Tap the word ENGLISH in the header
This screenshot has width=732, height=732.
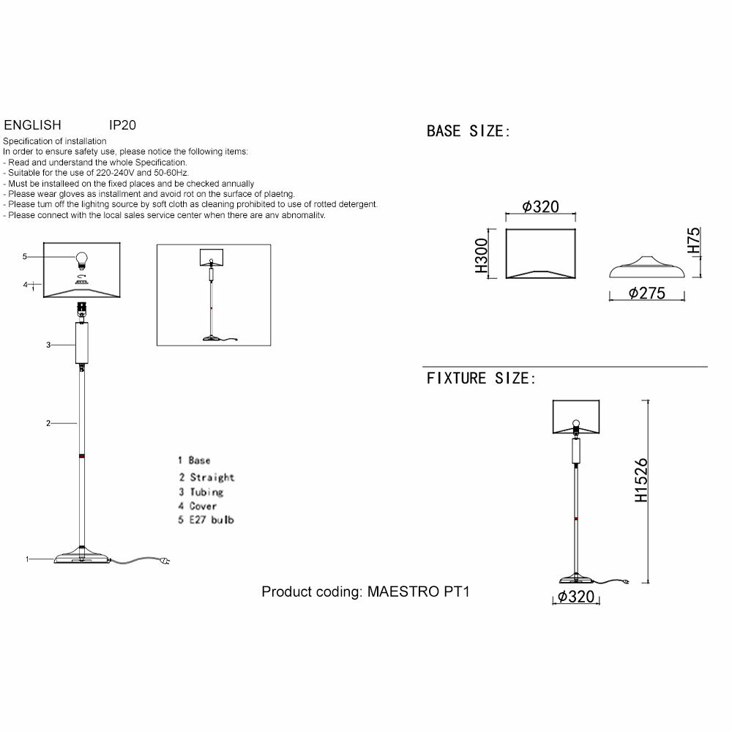32,125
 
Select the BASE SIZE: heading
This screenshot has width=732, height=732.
468,132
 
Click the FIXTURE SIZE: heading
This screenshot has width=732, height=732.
481,378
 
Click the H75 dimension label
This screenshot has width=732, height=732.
694,241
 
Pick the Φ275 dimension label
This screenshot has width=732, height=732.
646,294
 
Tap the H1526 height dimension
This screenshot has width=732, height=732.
640,480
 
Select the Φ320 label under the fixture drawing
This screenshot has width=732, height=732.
575,597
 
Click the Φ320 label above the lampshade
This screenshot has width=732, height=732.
541,206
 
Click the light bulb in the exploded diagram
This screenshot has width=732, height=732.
82,258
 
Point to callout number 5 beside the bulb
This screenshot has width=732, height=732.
25,257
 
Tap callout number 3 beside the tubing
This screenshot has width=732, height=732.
48,345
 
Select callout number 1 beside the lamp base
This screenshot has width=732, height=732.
27,560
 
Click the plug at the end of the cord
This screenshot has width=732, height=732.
167,562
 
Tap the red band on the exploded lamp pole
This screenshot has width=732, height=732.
81,455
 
